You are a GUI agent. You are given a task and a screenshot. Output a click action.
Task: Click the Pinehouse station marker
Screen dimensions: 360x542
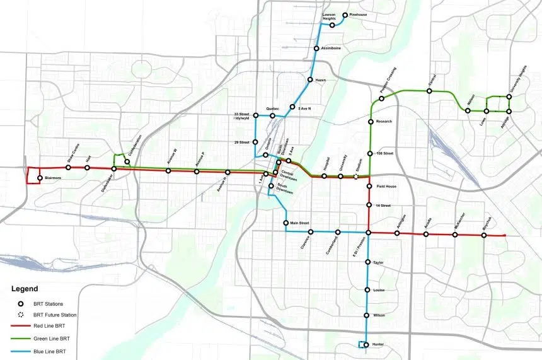(345, 15)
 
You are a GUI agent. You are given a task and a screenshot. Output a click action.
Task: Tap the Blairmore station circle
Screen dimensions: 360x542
(40, 178)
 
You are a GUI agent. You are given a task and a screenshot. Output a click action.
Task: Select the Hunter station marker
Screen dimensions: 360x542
(368, 344)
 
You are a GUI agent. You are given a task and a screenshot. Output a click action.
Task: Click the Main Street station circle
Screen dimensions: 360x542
(286, 223)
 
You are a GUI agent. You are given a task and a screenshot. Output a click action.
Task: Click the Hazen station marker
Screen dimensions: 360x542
(310, 80)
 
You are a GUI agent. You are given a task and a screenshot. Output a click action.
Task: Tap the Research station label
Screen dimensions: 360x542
(384, 121)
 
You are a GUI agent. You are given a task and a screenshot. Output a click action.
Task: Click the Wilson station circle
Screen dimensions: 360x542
(368, 315)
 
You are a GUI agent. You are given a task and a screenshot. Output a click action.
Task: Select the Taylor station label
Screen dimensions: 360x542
(378, 262)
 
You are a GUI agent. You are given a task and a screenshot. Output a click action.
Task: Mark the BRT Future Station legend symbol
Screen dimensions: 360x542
(21, 315)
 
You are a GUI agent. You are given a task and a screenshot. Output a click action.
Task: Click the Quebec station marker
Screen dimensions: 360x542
(273, 116)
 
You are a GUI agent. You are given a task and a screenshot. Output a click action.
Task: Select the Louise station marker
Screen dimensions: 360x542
(368, 290)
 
